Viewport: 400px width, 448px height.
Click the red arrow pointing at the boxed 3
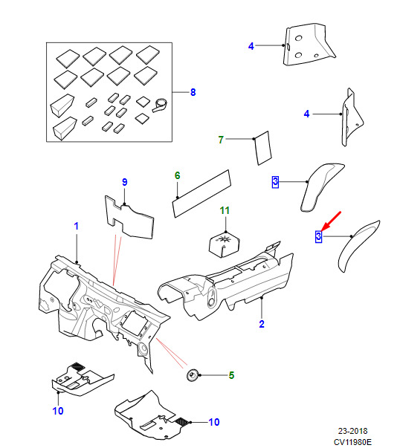[331, 221]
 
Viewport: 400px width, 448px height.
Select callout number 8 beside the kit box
[193, 92]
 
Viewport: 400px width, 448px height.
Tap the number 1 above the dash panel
[76, 226]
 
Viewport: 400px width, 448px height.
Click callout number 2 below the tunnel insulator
[262, 324]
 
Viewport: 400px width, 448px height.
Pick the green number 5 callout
[231, 375]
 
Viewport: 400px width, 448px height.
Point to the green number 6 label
[177, 175]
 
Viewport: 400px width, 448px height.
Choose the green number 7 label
[221, 140]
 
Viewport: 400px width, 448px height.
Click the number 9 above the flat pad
[124, 182]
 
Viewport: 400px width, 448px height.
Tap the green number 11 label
[225, 210]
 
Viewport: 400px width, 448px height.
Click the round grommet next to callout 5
[192, 375]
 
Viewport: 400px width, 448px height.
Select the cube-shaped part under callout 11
[225, 244]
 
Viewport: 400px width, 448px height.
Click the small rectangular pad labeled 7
[262, 148]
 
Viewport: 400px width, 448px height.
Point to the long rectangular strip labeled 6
[201, 193]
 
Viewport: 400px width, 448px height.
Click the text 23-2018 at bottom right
[352, 431]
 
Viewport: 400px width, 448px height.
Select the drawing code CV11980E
[352, 442]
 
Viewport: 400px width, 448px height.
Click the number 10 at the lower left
[58, 411]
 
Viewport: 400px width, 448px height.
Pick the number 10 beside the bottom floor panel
[214, 422]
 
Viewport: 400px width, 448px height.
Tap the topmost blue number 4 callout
[251, 46]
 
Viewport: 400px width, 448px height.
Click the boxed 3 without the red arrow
[275, 182]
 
